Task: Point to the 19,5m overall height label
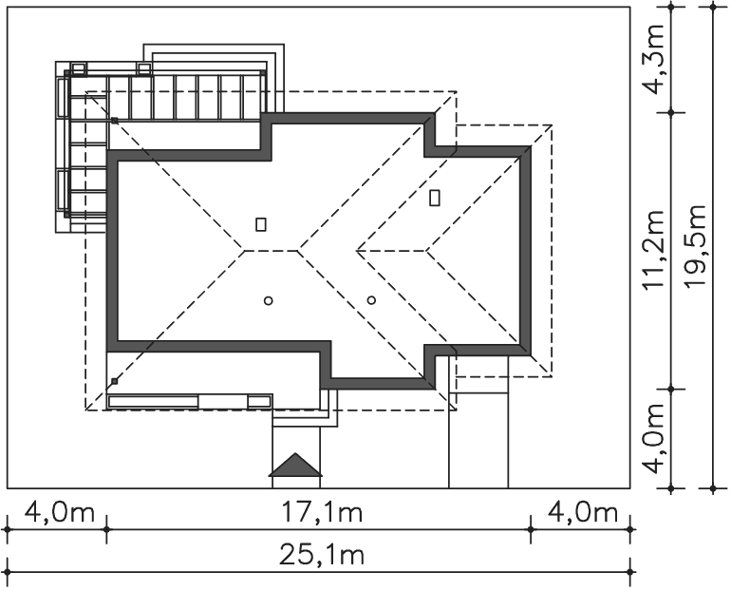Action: coord(696,246)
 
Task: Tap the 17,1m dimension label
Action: coord(322,513)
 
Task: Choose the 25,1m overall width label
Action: coord(322,556)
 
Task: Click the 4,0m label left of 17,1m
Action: coord(59,513)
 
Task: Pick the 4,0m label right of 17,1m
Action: coord(582,513)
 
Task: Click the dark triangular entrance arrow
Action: coord(295,465)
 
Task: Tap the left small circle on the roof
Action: coord(268,301)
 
